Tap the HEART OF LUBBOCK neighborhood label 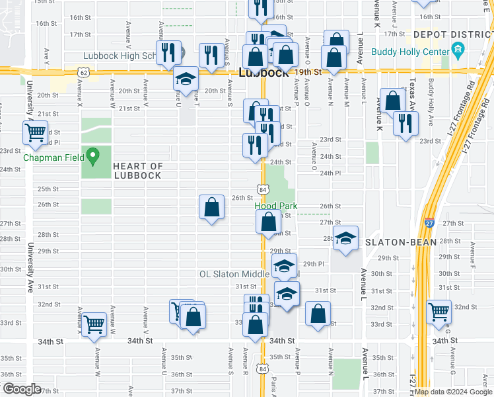point(137,171)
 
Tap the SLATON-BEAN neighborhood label point(402,242)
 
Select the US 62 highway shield point(83,71)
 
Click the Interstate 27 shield point(429,224)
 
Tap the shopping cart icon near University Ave point(35,132)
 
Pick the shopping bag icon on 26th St point(211,207)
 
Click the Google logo point(22,388)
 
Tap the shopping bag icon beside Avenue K point(393,101)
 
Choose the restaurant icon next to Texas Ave point(405,123)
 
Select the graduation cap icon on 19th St point(187,79)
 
